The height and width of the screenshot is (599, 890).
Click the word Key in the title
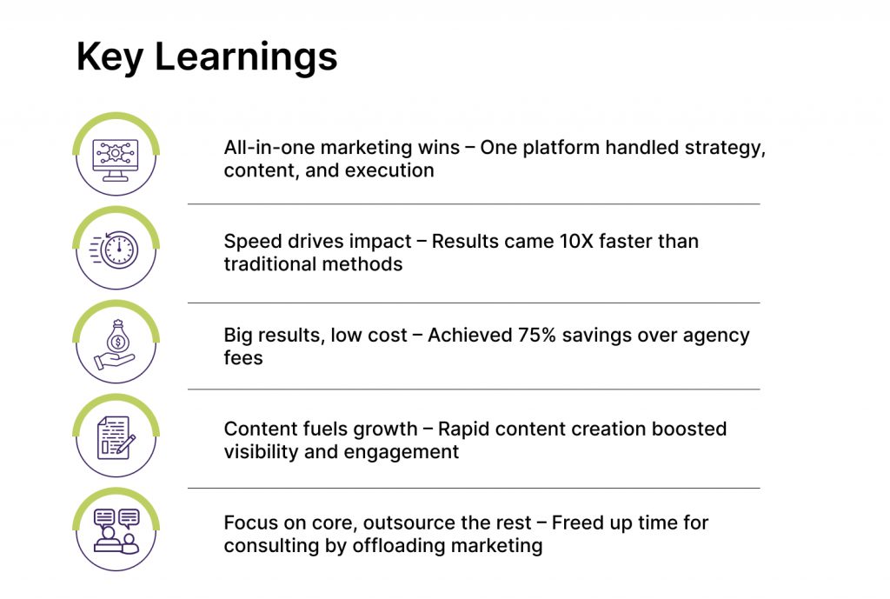coord(110,57)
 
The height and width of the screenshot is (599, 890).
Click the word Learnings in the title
coord(246,57)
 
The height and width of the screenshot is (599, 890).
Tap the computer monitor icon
coord(116,160)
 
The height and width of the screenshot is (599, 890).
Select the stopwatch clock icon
coord(115,250)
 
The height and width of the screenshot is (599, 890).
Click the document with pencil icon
coord(116,438)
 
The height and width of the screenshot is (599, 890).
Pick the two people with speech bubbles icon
coord(116,531)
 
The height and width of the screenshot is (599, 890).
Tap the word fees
coord(243,358)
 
